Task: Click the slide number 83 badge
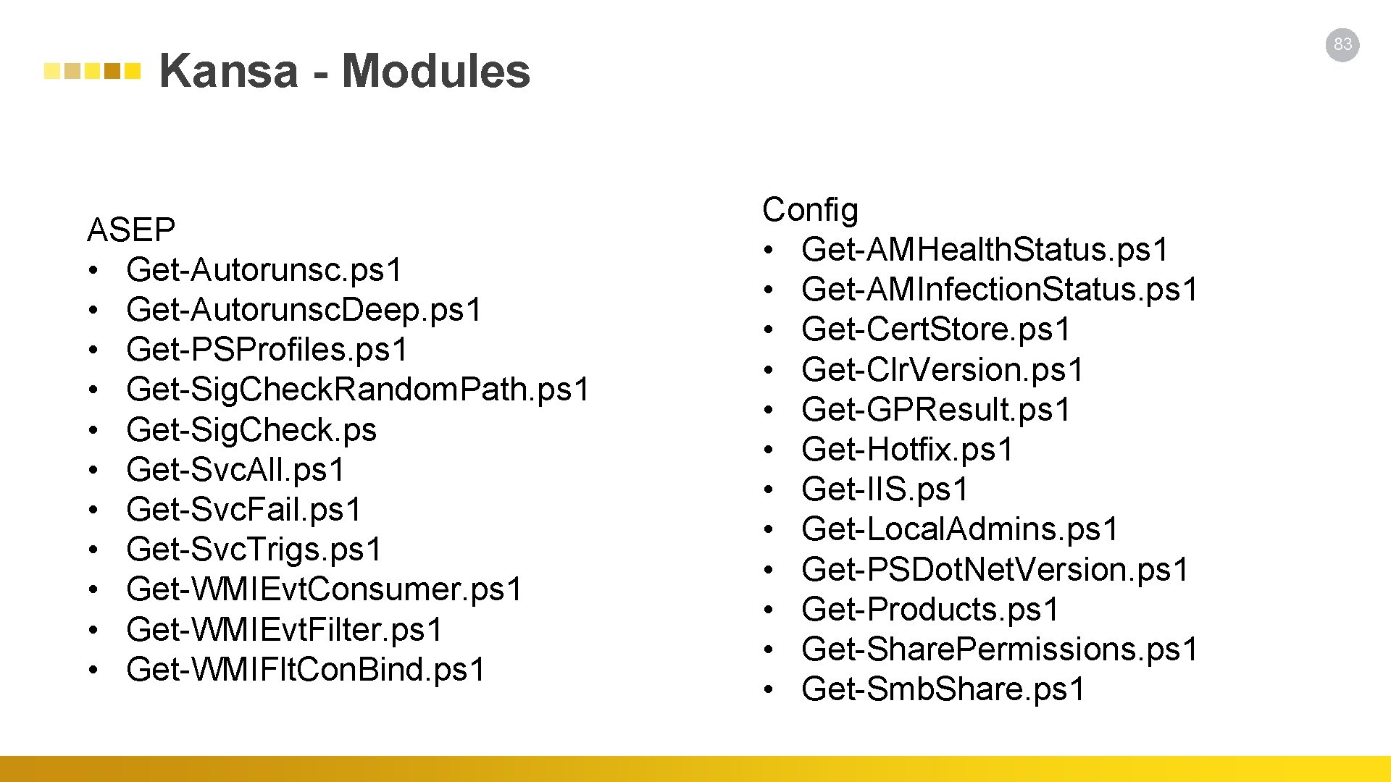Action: [1342, 44]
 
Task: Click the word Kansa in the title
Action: [228, 71]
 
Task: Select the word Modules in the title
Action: [435, 71]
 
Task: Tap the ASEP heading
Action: [131, 230]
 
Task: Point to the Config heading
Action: [810, 210]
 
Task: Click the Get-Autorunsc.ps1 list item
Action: [264, 270]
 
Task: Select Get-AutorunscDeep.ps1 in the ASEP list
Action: [304, 310]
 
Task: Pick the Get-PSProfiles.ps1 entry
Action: [267, 350]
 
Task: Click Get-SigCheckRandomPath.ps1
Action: [358, 390]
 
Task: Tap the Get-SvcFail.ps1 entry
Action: [243, 510]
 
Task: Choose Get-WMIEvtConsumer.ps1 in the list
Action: [324, 589]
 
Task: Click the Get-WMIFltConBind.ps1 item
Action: [305, 669]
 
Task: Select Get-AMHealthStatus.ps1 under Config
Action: [985, 250]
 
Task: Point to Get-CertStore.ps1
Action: [935, 329]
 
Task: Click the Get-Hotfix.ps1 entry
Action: [907, 450]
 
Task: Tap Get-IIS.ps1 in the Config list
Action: [885, 489]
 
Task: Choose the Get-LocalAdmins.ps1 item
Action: [960, 529]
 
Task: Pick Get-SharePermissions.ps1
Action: [1000, 649]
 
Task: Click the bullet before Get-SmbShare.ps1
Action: [769, 689]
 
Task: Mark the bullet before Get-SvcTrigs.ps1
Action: [93, 550]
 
